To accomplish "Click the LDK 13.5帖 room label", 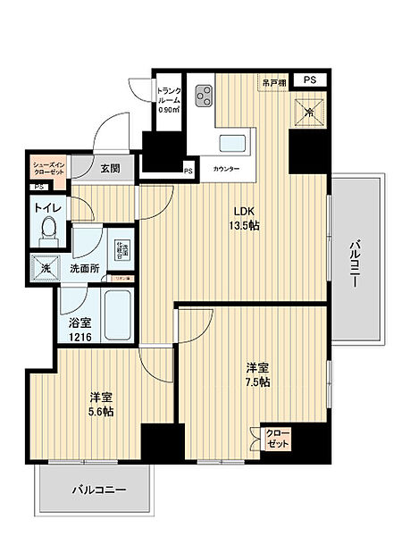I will tap(247, 218).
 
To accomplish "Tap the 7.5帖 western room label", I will tap(259, 374).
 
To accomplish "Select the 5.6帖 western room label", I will tap(101, 405).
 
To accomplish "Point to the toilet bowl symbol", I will tap(50, 230).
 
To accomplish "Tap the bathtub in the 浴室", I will tap(117, 314).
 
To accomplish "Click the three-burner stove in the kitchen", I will tap(203, 96).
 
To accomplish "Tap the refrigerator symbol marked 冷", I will tap(308, 113).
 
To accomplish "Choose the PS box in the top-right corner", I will tap(310, 80).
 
